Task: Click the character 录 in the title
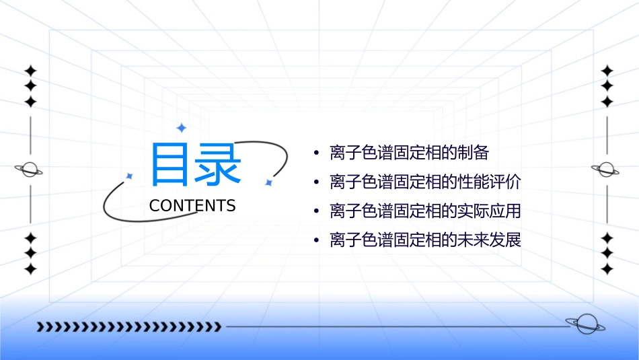tap(218, 164)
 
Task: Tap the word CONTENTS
tap(192, 206)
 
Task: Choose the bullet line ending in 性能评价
tap(425, 182)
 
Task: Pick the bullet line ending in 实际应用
tap(425, 211)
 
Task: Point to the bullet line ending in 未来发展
tap(425, 240)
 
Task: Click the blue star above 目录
tap(181, 128)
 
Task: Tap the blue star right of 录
tap(268, 182)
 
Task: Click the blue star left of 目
tap(129, 176)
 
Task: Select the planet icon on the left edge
tap(30, 170)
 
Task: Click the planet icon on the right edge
tap(606, 170)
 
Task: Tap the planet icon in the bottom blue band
tap(585, 324)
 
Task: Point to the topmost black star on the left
tap(30, 70)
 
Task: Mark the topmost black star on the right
tap(607, 70)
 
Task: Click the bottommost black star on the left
tap(30, 269)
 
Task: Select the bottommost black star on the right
tap(607, 269)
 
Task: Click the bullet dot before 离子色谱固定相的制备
tap(317, 153)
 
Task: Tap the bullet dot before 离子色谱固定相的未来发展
tap(317, 240)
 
